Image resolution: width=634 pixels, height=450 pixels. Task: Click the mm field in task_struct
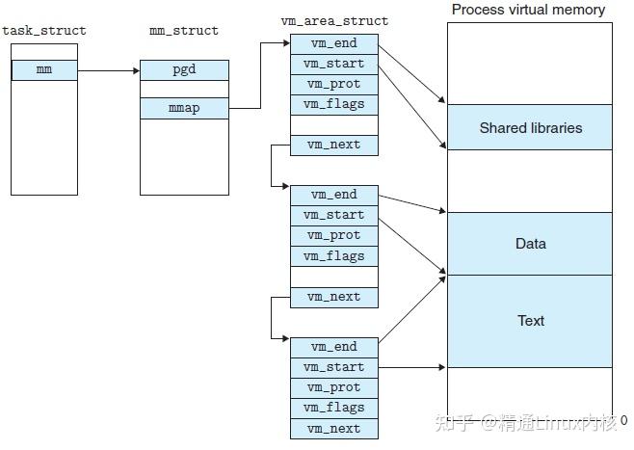[44, 69]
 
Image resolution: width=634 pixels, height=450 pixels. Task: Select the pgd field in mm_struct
[184, 69]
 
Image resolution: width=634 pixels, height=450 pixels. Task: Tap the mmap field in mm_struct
[184, 108]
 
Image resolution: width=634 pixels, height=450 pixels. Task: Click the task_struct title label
[44, 31]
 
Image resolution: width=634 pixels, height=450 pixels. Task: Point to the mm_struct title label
[184, 31]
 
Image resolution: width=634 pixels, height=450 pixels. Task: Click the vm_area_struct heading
[334, 20]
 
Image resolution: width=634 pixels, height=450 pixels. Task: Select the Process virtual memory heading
[529, 10]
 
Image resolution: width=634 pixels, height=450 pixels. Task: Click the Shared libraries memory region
[530, 127]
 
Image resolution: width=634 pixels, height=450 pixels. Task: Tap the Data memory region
[530, 244]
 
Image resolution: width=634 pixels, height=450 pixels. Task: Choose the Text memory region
[530, 321]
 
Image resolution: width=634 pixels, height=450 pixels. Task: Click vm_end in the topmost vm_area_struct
[334, 43]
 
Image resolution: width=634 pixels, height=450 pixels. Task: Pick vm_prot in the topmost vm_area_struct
[334, 84]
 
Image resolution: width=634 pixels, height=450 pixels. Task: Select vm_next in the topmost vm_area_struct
[334, 145]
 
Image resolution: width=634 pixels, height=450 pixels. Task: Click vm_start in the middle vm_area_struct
[334, 215]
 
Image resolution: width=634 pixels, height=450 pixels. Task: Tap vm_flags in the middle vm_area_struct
[334, 256]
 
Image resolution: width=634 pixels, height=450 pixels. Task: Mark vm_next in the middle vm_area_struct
[334, 297]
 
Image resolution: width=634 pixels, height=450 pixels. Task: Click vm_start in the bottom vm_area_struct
[334, 367]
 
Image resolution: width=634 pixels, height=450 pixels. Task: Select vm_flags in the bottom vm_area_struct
[334, 408]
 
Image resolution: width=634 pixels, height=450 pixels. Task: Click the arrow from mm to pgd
[108, 69]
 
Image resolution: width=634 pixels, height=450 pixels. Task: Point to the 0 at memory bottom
[623, 420]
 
